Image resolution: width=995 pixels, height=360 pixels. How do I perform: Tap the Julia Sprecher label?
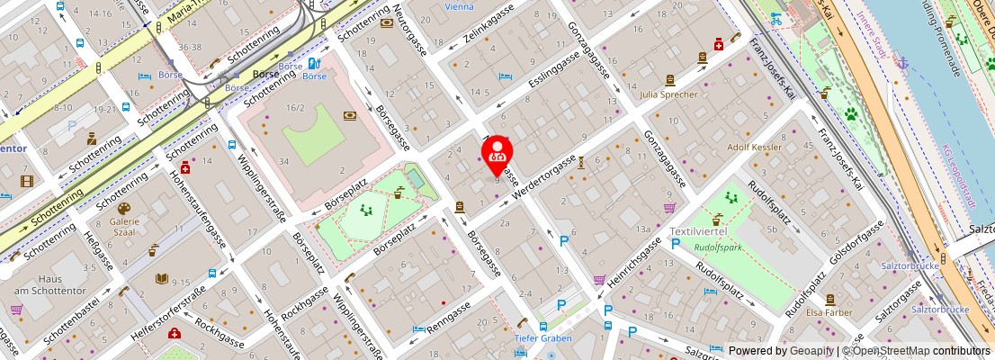[x=668, y=94]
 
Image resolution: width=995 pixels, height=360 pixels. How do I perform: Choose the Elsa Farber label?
[x=829, y=312]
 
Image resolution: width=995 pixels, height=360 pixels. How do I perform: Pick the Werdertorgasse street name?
[x=543, y=176]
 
